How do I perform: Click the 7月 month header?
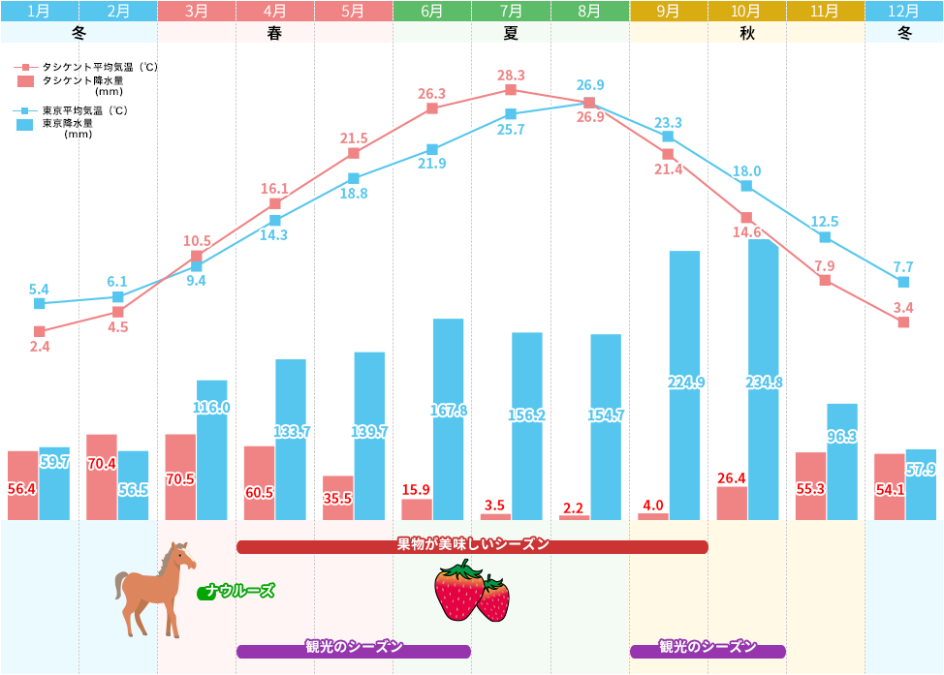(x=511, y=12)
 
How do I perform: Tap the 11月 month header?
(x=825, y=12)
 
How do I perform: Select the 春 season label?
(x=274, y=33)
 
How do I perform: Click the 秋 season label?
(x=746, y=33)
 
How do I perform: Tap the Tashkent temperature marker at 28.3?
(x=511, y=90)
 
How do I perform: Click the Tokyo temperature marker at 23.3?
(x=668, y=137)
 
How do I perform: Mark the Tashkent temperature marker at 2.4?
(x=40, y=331)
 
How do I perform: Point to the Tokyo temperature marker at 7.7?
(x=903, y=282)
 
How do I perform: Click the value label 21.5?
(x=354, y=138)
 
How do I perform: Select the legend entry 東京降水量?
(x=68, y=123)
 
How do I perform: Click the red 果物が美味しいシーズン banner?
(x=472, y=545)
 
